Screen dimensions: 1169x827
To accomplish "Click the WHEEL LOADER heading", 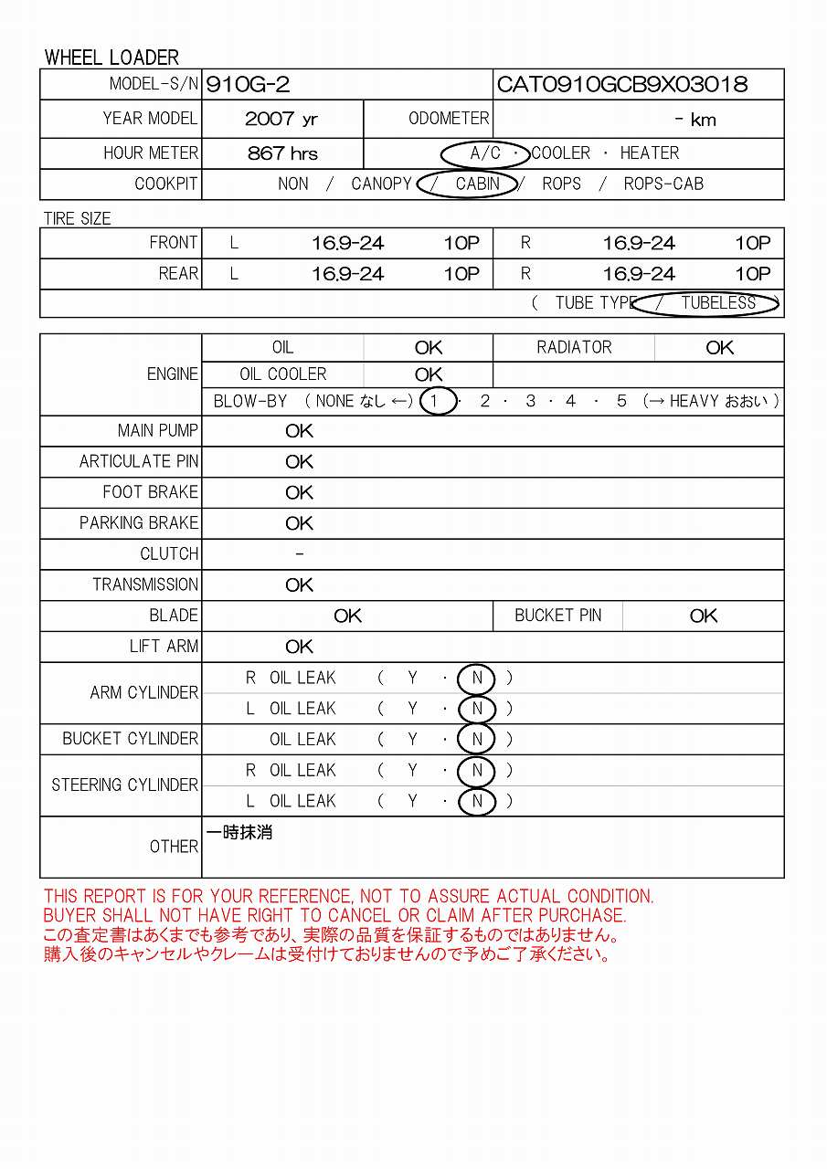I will point(111,58).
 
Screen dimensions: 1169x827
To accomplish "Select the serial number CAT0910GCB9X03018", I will point(621,85).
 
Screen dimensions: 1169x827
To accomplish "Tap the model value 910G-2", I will point(249,85).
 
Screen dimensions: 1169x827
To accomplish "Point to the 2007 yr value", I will point(281,119).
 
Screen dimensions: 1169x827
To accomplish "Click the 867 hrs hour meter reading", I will point(282,153).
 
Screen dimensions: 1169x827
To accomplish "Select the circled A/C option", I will point(485,153).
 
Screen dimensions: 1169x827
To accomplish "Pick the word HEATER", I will point(650,153).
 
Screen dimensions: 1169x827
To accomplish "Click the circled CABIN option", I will point(477,184).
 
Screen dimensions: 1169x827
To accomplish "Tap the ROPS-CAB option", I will point(663,184).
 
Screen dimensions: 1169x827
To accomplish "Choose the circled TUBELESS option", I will point(717,302).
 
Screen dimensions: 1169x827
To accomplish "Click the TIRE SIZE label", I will point(78,219).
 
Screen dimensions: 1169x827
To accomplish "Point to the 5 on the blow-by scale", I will point(621,401).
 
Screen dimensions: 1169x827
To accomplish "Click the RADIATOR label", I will point(574,347).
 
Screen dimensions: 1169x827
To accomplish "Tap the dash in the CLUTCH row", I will point(300,553).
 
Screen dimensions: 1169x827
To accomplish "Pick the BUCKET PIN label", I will point(557,616).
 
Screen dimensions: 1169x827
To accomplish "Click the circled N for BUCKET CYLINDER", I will point(477,739).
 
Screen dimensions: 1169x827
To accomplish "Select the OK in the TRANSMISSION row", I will point(299,584).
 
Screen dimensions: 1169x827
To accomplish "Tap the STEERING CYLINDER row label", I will point(124,785).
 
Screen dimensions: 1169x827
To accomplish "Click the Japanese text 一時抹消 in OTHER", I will point(239,833).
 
